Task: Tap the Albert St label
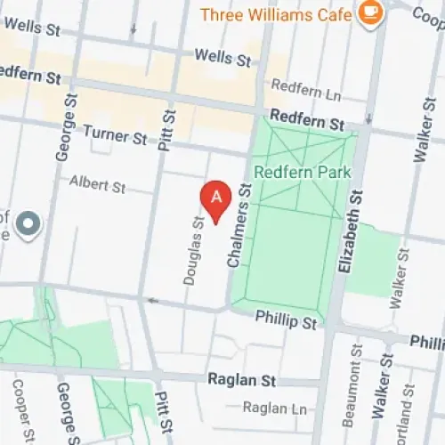98,186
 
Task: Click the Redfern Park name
290,171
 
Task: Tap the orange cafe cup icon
367,13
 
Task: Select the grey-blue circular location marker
28,223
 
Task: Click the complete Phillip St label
286,318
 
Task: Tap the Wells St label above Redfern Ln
222,59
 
